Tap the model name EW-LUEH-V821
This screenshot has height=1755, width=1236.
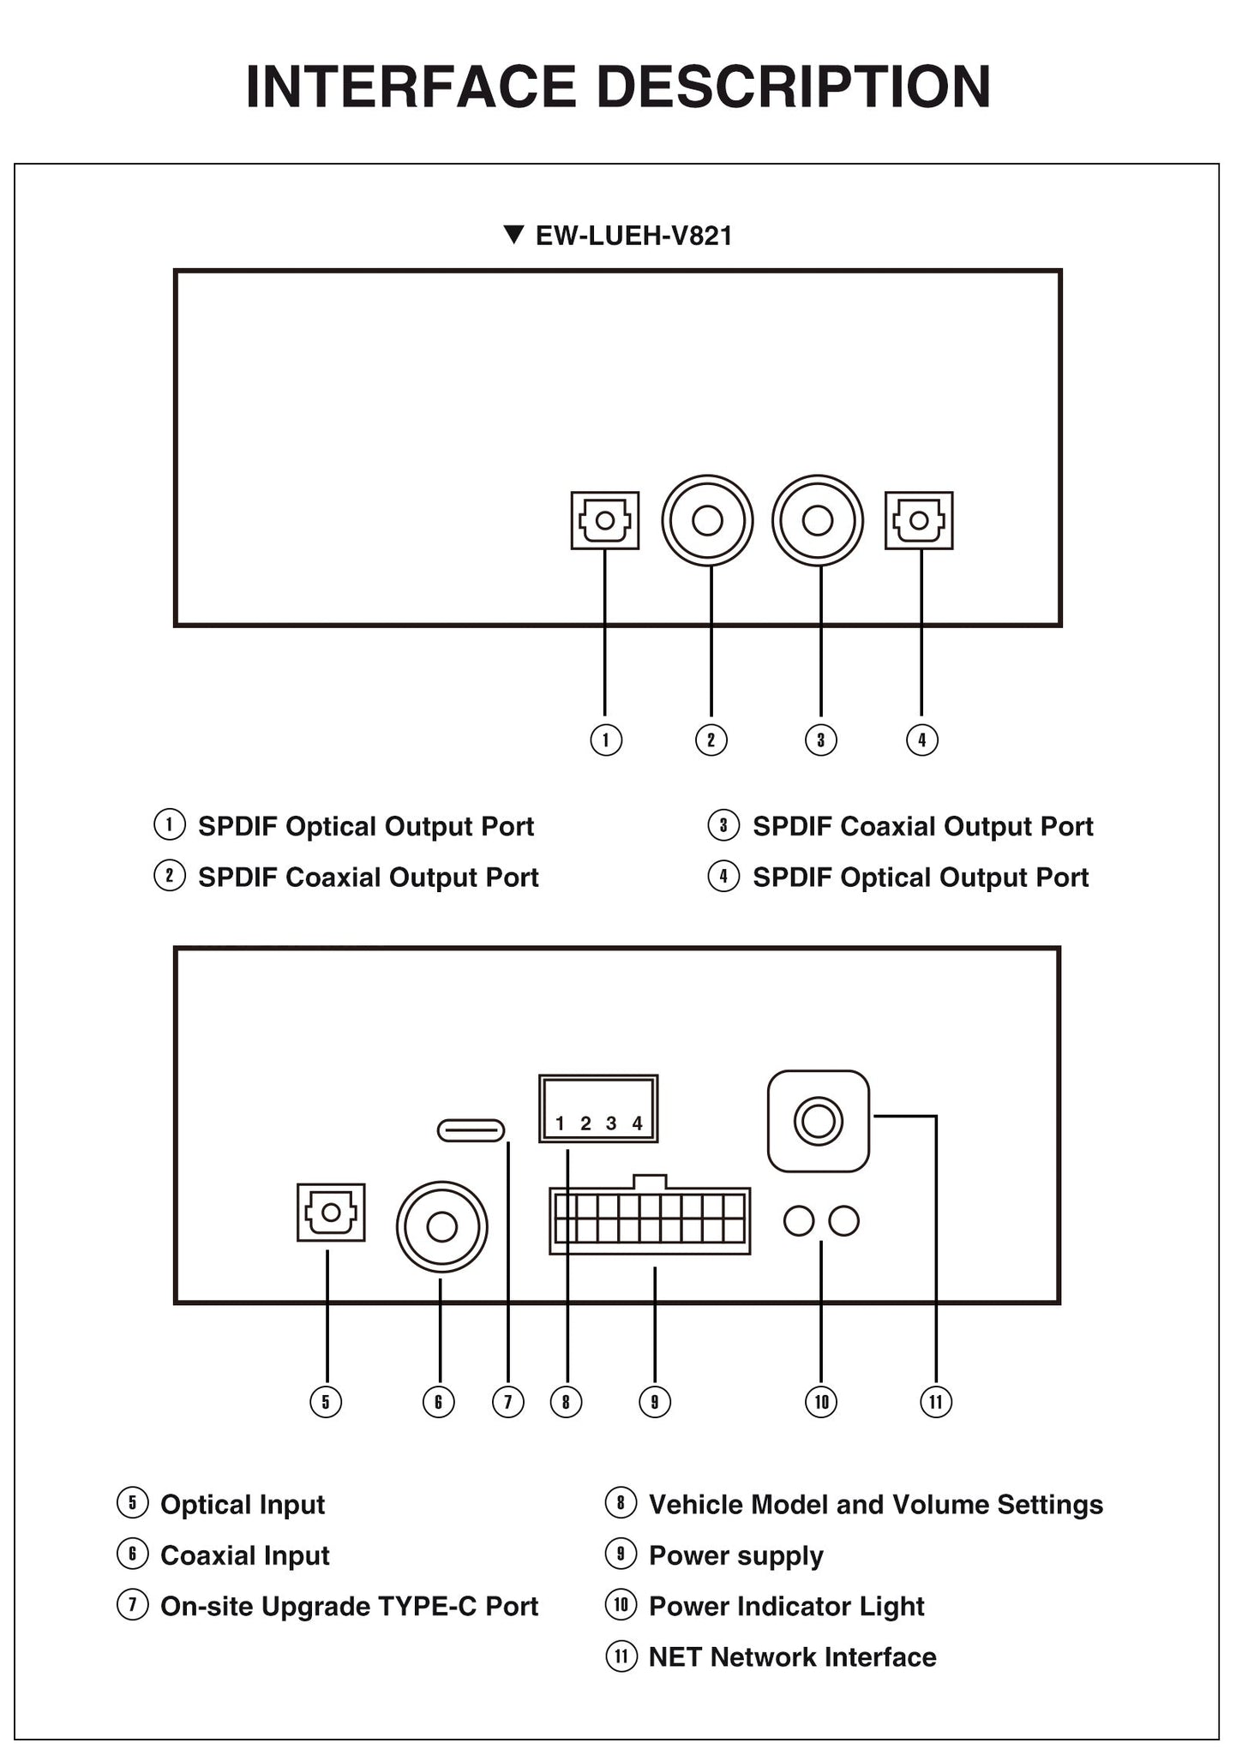(634, 236)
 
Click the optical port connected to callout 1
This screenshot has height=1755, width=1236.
(605, 520)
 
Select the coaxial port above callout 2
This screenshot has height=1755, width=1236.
(707, 520)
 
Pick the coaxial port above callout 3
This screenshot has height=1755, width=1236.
(818, 520)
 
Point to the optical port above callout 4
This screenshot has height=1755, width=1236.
(919, 520)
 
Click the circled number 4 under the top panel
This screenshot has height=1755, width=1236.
(922, 740)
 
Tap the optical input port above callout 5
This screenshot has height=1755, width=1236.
(331, 1212)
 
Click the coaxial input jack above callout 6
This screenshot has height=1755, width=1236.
(441, 1227)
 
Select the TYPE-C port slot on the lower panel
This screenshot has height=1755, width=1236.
(471, 1130)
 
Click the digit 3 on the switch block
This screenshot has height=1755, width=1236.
(611, 1123)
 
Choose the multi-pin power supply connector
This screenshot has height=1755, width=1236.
(650, 1214)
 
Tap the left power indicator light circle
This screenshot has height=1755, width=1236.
(799, 1221)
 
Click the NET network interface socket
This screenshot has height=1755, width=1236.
(819, 1121)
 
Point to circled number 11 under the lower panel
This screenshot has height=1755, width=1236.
(935, 1402)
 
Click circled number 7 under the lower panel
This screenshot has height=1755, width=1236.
(508, 1402)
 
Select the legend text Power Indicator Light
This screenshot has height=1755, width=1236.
(787, 1606)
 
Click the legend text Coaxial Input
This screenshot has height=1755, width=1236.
(245, 1555)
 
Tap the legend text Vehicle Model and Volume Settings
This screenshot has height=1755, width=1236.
(876, 1505)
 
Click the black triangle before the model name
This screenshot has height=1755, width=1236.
(513, 235)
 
